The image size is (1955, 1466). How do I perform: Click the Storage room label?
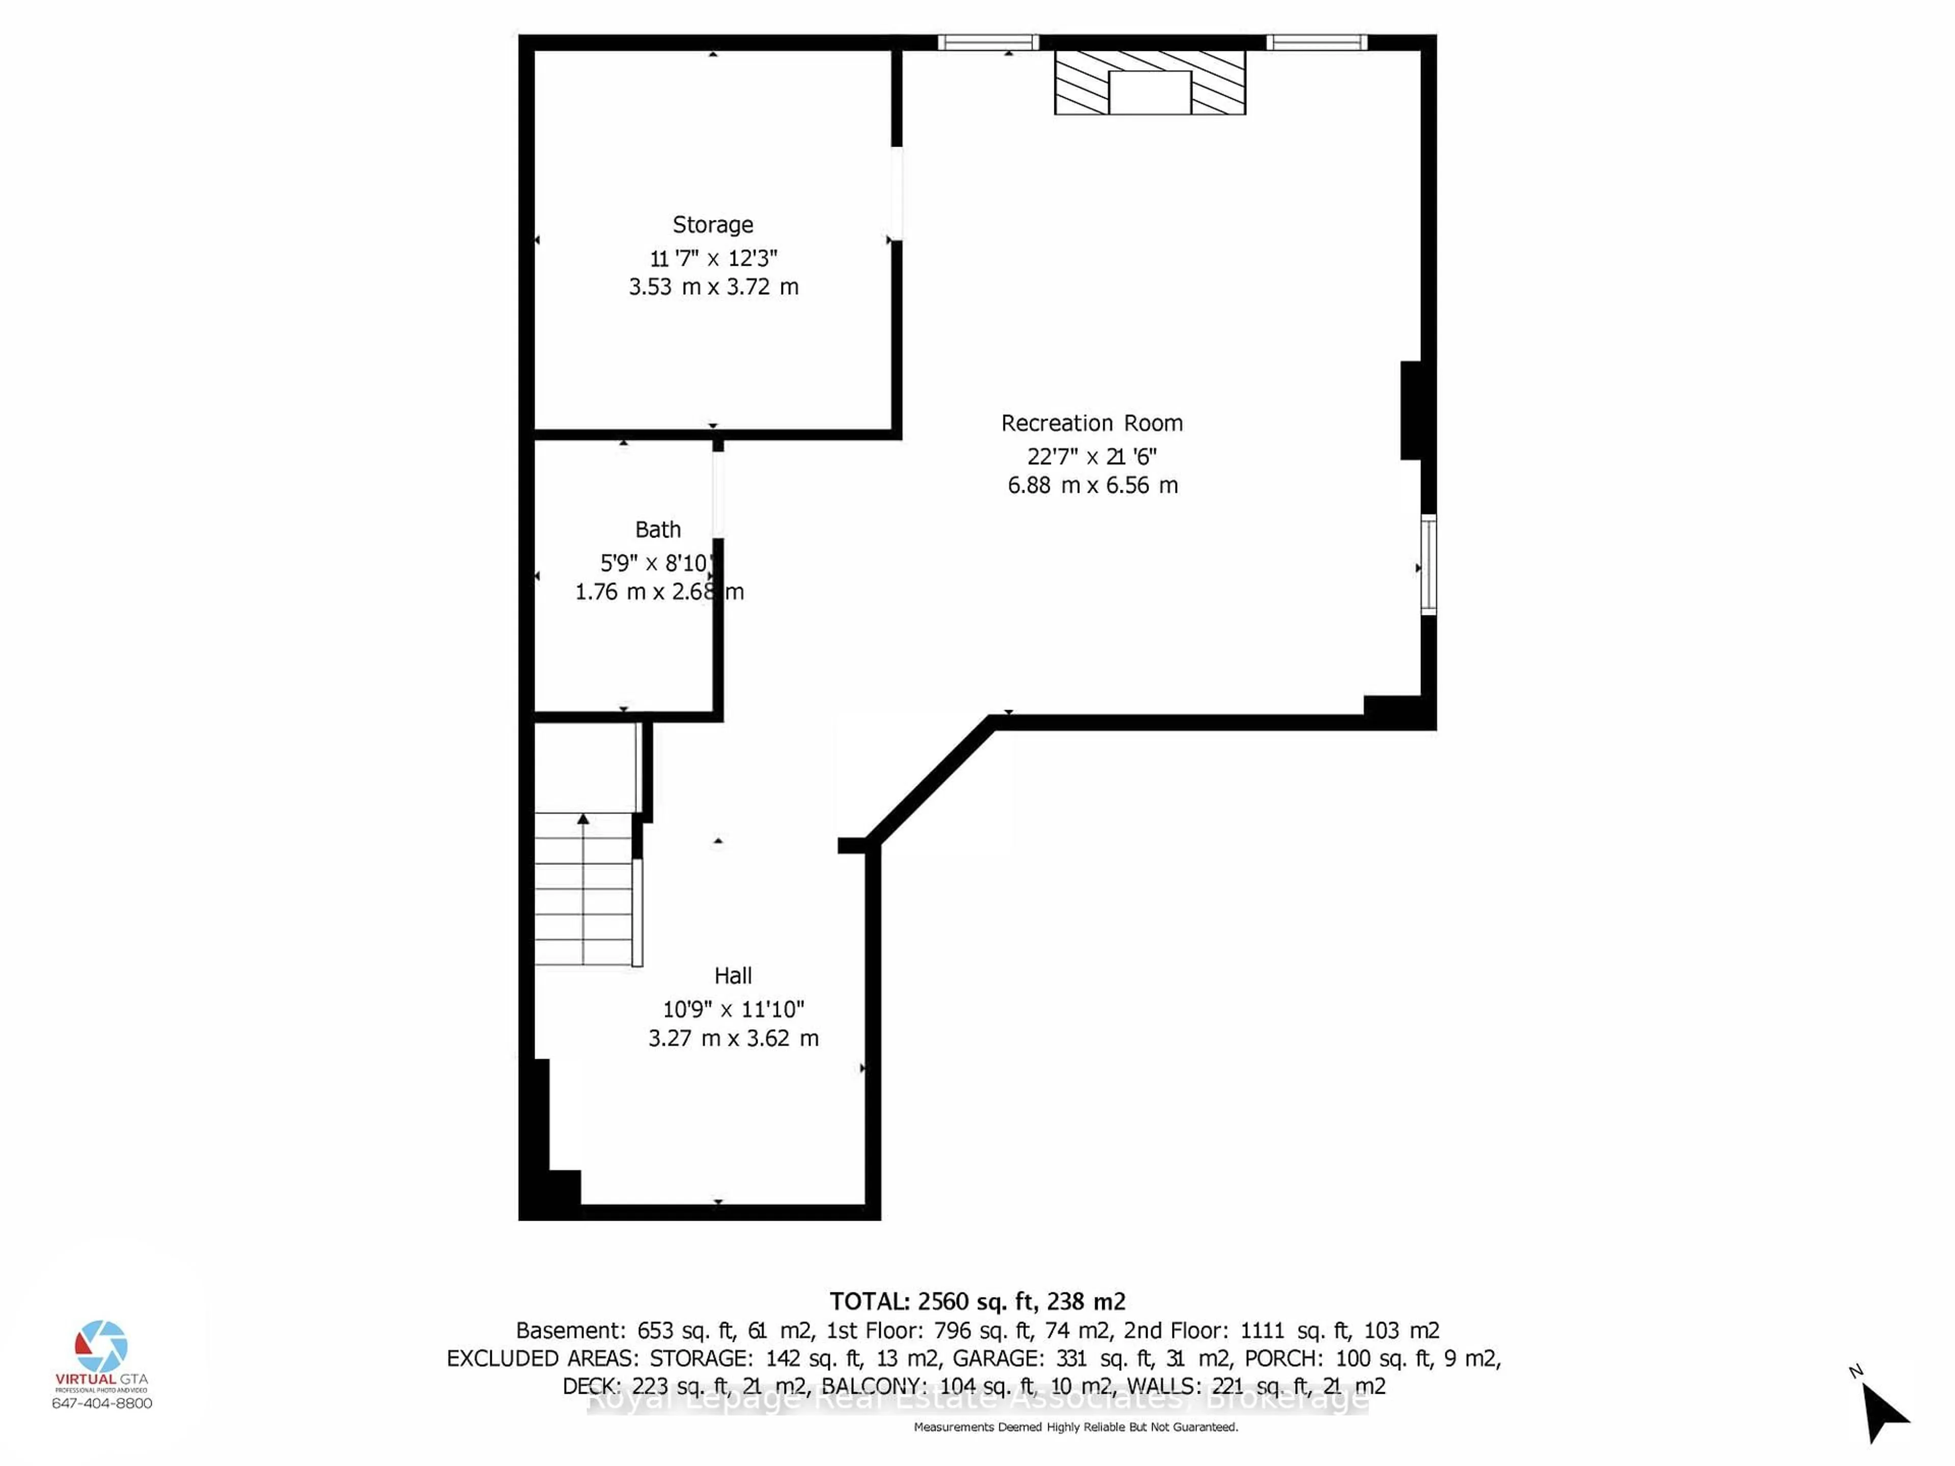(712, 224)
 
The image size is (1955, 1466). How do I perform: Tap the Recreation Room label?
(1092, 424)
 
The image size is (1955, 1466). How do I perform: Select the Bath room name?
(658, 529)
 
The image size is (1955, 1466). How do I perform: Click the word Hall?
(733, 976)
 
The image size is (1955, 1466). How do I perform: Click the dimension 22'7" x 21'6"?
(1092, 456)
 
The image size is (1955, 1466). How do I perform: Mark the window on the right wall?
(1428, 564)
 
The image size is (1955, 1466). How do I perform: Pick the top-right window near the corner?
(1316, 42)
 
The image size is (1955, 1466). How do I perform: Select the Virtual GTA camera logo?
(102, 1347)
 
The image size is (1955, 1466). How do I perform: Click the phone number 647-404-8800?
(102, 1403)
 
